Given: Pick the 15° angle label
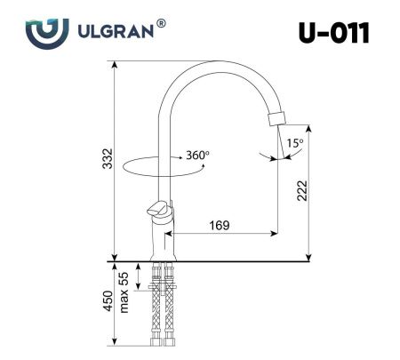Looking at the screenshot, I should tap(293, 142).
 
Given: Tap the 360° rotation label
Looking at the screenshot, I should tap(197, 155).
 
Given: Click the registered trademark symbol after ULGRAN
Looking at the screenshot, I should tap(161, 23).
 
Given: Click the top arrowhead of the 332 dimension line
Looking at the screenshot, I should tap(116, 65).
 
